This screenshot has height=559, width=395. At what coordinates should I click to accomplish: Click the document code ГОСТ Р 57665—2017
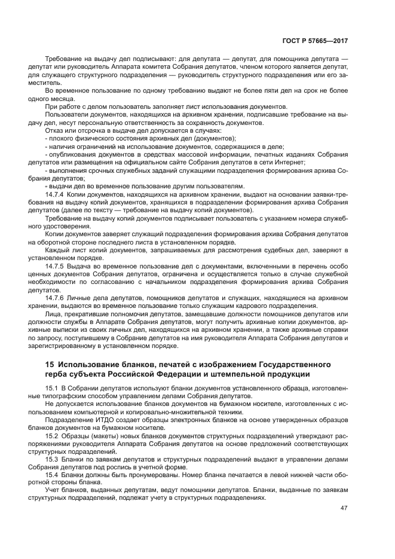pos(315,42)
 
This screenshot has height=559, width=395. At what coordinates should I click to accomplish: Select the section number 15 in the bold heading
pos(50,364)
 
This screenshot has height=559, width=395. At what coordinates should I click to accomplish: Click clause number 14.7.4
pos(56,195)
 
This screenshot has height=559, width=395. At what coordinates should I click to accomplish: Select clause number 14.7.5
pos(56,265)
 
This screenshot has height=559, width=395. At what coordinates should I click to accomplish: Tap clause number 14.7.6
pos(56,297)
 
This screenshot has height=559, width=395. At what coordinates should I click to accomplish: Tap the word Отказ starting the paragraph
pos(56,130)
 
